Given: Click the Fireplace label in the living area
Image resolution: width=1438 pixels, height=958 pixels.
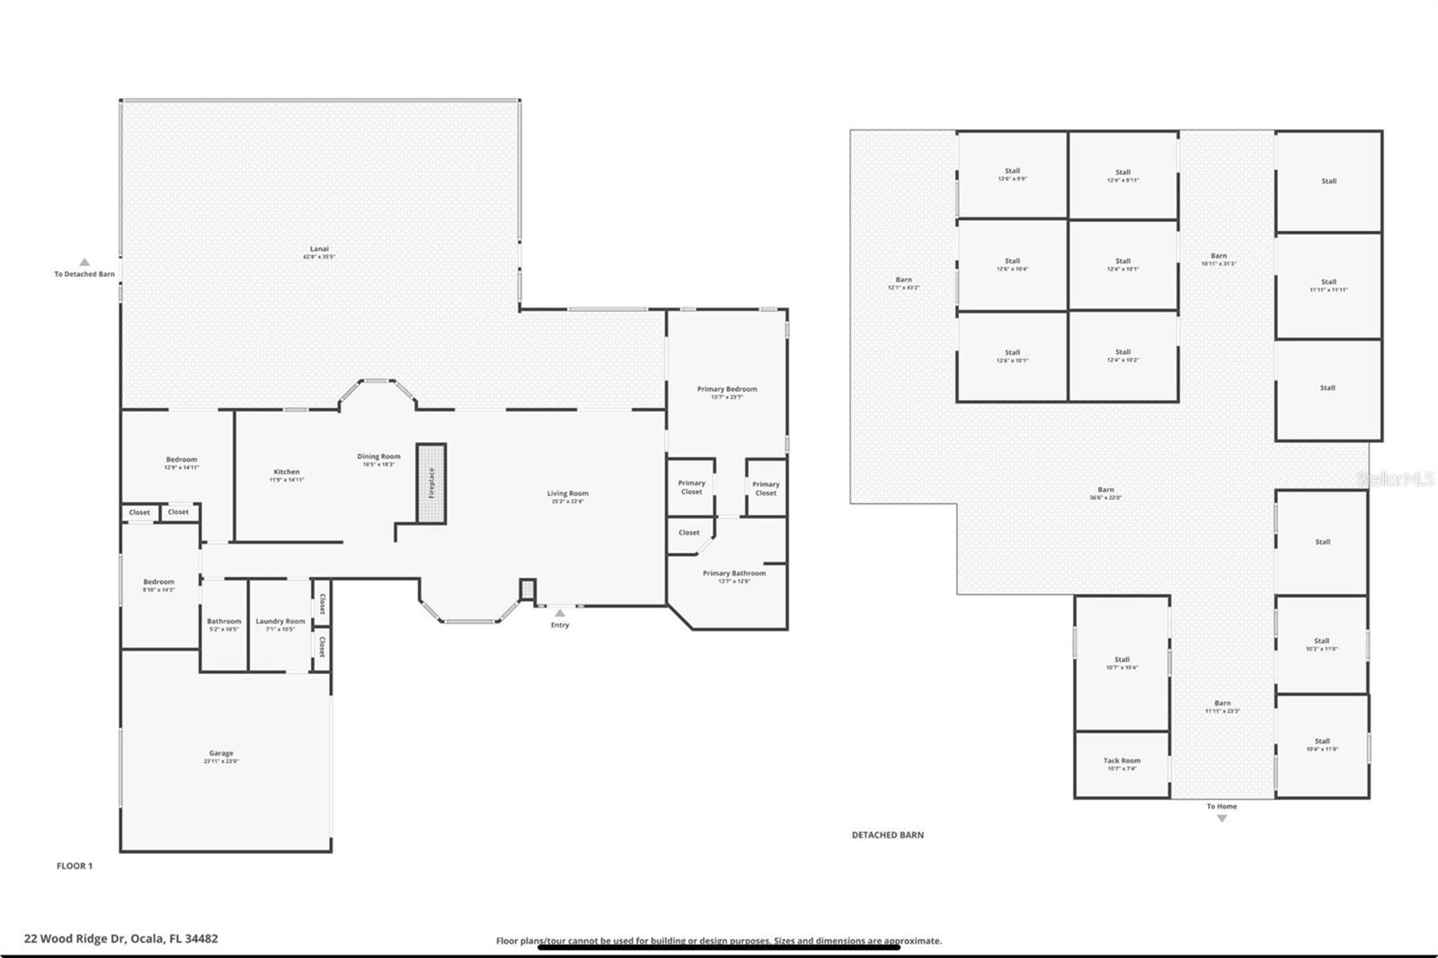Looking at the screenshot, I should [431, 483].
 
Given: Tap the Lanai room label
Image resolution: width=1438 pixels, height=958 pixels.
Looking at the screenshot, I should [319, 249].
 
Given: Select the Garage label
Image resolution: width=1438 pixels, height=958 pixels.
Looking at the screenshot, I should [221, 753].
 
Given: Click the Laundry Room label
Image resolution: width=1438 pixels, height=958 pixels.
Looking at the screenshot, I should [280, 621].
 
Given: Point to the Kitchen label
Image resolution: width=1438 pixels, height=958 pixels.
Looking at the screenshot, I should [287, 472].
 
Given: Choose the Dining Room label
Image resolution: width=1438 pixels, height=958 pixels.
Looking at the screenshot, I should [378, 457].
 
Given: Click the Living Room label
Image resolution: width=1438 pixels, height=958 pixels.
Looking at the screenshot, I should [568, 493].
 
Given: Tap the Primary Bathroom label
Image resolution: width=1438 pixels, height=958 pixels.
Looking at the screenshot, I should [734, 573].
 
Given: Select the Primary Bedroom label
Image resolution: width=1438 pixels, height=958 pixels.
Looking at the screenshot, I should [727, 389].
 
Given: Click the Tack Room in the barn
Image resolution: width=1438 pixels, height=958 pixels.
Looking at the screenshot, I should [1122, 760].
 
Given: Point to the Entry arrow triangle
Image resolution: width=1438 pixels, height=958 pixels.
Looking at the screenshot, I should [559, 613].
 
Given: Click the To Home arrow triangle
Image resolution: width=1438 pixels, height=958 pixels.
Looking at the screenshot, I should [1221, 819].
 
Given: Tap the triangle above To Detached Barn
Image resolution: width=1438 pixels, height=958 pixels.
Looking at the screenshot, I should [84, 262].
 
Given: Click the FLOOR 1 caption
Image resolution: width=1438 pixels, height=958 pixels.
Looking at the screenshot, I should [75, 866].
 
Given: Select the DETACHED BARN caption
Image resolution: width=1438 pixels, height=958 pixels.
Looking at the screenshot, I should [887, 835].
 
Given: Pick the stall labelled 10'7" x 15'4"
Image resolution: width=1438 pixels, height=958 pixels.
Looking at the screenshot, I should [1122, 668].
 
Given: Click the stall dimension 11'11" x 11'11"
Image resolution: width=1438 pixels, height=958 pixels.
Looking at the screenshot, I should [1328, 289].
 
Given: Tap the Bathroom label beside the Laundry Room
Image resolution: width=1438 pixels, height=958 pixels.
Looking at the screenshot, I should [224, 621].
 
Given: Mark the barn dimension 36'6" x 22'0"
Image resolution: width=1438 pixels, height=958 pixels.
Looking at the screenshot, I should [1105, 498].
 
